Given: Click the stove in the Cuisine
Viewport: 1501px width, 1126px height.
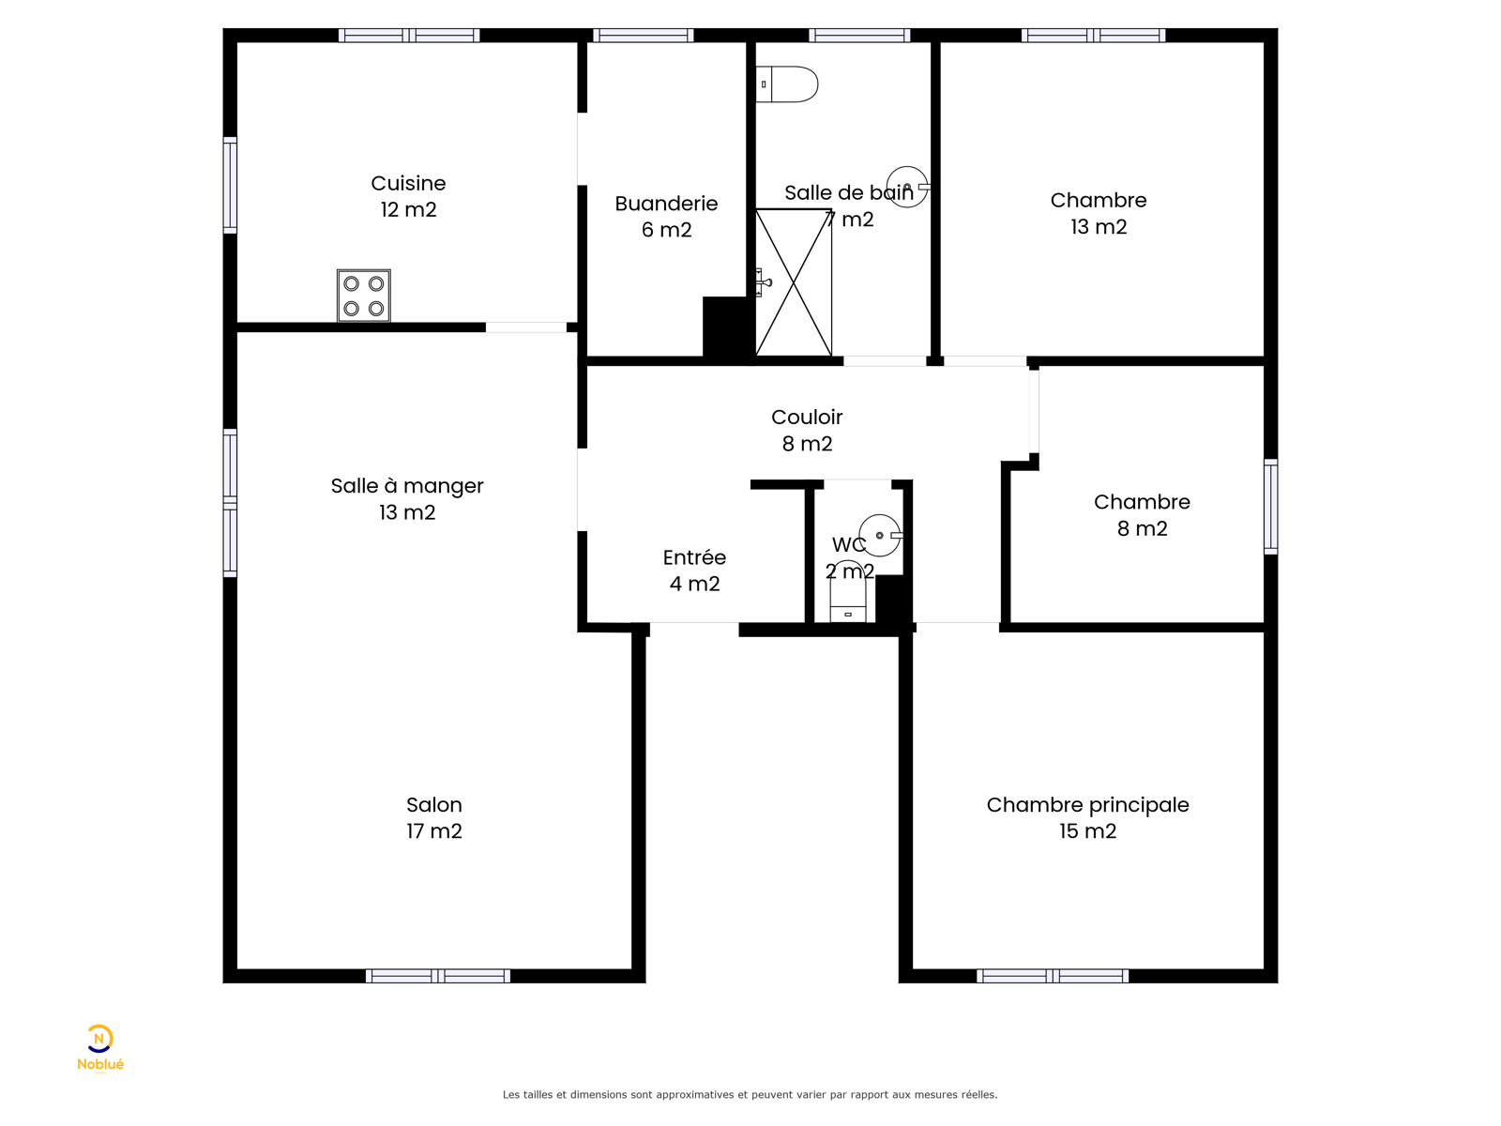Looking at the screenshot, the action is (x=364, y=296).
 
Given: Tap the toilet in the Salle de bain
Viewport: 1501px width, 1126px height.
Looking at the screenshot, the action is (x=786, y=84).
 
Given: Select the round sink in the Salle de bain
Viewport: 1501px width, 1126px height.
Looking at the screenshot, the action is (x=908, y=187).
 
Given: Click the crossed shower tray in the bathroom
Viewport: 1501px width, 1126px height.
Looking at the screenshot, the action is (x=794, y=282).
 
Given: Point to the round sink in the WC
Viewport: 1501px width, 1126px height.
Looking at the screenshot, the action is (x=881, y=535).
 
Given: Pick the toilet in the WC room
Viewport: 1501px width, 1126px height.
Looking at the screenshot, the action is (x=848, y=592).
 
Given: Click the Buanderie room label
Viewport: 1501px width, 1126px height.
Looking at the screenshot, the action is (x=666, y=216).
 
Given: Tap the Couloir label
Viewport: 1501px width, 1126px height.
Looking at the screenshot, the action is (x=807, y=430).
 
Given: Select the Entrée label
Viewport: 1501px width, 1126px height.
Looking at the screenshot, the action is (x=694, y=571).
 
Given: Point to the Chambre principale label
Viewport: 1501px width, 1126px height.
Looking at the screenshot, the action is (x=1087, y=817).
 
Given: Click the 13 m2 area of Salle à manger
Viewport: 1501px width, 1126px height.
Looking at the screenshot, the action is (x=407, y=512).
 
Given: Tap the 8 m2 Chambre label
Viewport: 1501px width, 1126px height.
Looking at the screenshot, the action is (x=1142, y=515).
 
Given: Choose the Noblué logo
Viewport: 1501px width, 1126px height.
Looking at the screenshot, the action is (x=99, y=1048).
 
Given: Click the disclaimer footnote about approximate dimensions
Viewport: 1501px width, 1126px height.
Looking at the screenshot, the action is (x=750, y=1094).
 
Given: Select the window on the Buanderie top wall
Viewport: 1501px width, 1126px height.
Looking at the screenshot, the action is (x=643, y=35).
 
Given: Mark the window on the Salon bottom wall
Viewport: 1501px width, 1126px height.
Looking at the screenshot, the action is (x=438, y=976).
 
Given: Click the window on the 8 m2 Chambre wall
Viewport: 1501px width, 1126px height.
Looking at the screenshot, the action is (x=1270, y=506).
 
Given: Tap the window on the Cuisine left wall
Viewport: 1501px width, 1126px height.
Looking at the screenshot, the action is (x=230, y=185).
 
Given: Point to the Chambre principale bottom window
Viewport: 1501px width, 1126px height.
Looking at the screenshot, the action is (x=1053, y=976).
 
